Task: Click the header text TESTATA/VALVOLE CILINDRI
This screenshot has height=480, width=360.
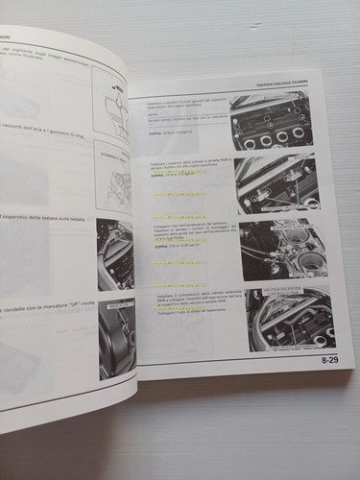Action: (289, 84)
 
